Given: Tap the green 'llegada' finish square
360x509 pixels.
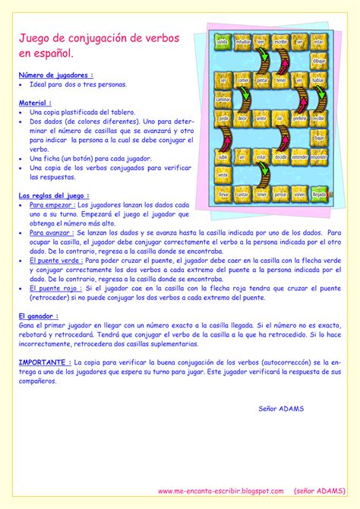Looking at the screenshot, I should pos(319,194).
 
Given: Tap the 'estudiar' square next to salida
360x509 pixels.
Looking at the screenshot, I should pos(242,42).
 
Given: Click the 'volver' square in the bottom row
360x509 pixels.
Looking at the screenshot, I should pos(299,194).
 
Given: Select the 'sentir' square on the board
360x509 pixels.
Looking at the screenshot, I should pos(261,119).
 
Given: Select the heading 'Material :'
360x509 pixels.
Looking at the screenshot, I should pos(35,102).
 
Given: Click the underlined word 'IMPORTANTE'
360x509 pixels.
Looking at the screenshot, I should pos(44,363).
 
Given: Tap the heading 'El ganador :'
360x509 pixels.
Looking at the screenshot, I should pos(39,315).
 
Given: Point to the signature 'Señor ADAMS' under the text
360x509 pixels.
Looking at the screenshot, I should pos(281,408).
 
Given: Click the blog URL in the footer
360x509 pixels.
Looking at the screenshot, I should pos(220,492).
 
